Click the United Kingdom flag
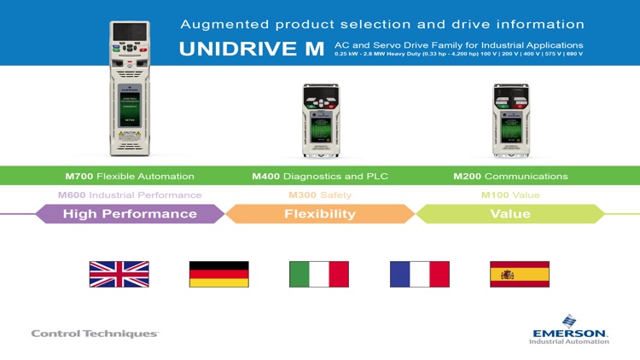point(119,274)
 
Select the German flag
point(218,274)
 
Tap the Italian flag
point(319,274)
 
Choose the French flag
point(419,274)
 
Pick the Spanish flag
point(520,274)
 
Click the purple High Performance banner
point(130,214)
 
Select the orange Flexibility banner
point(319,214)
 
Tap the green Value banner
point(510,214)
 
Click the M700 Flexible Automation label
point(130,177)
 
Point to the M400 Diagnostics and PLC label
point(319,177)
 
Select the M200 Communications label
point(510,177)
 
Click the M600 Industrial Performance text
point(130,195)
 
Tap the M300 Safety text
point(319,195)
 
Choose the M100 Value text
point(510,195)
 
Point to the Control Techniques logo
point(95,334)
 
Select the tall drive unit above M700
point(129,89)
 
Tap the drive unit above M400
point(321,119)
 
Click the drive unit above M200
point(510,119)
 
